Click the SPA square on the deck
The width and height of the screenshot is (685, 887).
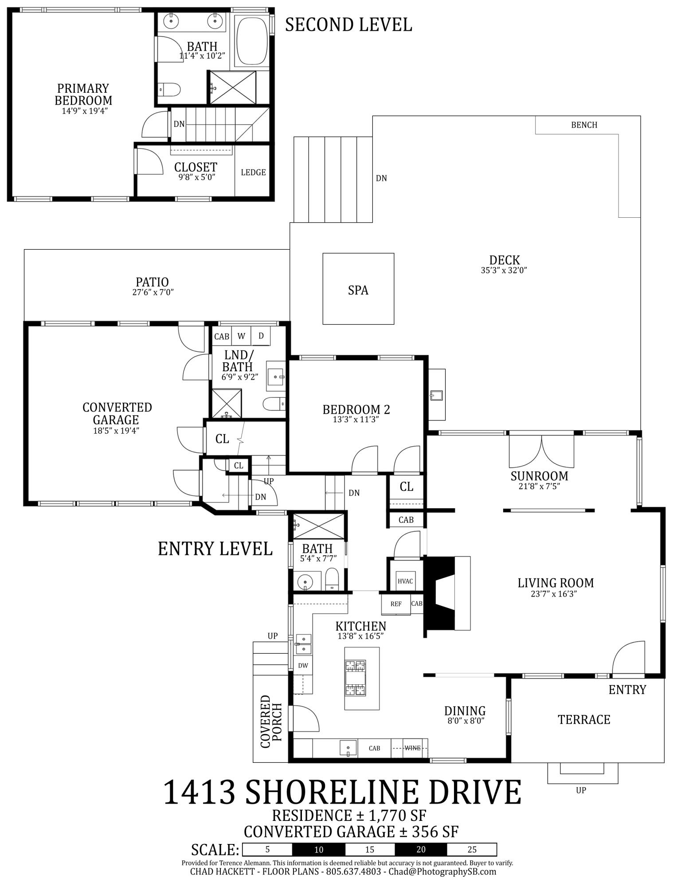click(358, 289)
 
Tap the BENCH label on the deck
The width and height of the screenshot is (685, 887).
click(583, 125)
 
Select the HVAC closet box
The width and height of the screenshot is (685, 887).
click(405, 581)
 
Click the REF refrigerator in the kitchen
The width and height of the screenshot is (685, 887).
click(395, 604)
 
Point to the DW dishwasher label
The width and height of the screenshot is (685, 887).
click(303, 665)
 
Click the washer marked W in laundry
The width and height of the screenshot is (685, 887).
click(241, 336)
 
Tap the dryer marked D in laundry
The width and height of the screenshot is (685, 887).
click(261, 336)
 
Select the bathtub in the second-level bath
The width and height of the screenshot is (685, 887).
click(251, 40)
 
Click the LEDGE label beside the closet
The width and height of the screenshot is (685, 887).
click(253, 172)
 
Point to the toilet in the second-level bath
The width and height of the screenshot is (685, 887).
click(170, 90)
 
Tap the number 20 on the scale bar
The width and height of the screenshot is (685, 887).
click(421, 849)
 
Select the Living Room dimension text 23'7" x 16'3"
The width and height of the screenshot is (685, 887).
click(555, 594)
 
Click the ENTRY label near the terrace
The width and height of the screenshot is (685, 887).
click(627, 690)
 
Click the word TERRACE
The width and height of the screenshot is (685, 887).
click(583, 719)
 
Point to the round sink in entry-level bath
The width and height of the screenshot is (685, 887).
click(305, 581)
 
